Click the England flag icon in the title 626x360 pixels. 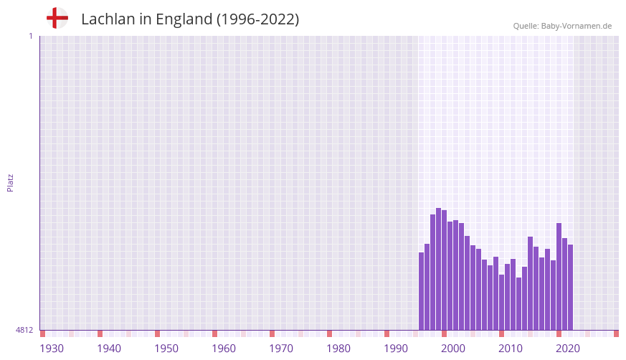57,18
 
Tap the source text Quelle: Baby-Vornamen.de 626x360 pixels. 562,26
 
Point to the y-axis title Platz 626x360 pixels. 10,182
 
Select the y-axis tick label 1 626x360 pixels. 30,36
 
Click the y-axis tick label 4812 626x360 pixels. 24,330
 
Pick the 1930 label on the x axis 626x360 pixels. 52,349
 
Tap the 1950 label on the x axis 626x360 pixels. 166,349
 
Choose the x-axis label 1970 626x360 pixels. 281,349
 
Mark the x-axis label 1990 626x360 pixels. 396,349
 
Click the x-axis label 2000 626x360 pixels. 453,349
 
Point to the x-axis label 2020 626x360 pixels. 568,349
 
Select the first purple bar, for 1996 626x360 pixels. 422,290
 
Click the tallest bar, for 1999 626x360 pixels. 439,269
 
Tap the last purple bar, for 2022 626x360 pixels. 570,287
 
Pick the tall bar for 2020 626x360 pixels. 559,276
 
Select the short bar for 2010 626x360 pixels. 502,302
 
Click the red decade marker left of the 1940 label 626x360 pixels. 100,333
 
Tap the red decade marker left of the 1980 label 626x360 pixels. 329,333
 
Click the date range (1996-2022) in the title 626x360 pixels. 258,19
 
